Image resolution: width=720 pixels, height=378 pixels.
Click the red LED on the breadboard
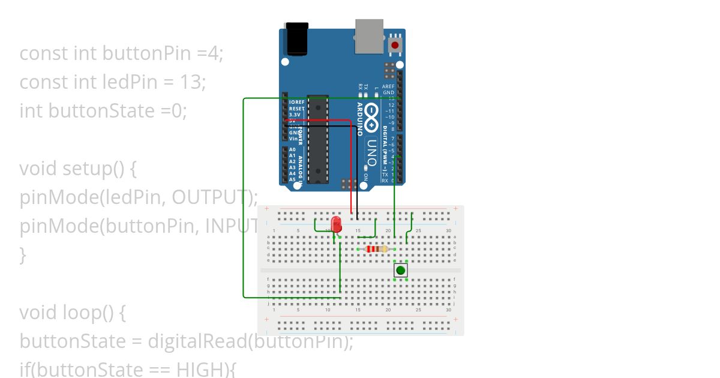coord(337,224)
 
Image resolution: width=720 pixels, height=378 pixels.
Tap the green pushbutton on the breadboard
coord(400,271)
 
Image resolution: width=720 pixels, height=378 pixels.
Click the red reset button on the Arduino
coord(395,45)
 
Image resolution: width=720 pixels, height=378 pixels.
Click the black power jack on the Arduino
coord(295,38)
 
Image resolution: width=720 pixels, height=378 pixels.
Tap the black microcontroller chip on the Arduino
coord(318,138)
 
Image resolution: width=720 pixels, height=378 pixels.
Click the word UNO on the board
coord(371,153)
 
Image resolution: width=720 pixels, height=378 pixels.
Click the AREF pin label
coord(389,86)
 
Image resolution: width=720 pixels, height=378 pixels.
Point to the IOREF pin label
coord(297,102)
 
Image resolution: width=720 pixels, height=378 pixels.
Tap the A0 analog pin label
coord(292,149)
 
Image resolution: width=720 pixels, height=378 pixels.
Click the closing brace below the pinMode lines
coord(23,254)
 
